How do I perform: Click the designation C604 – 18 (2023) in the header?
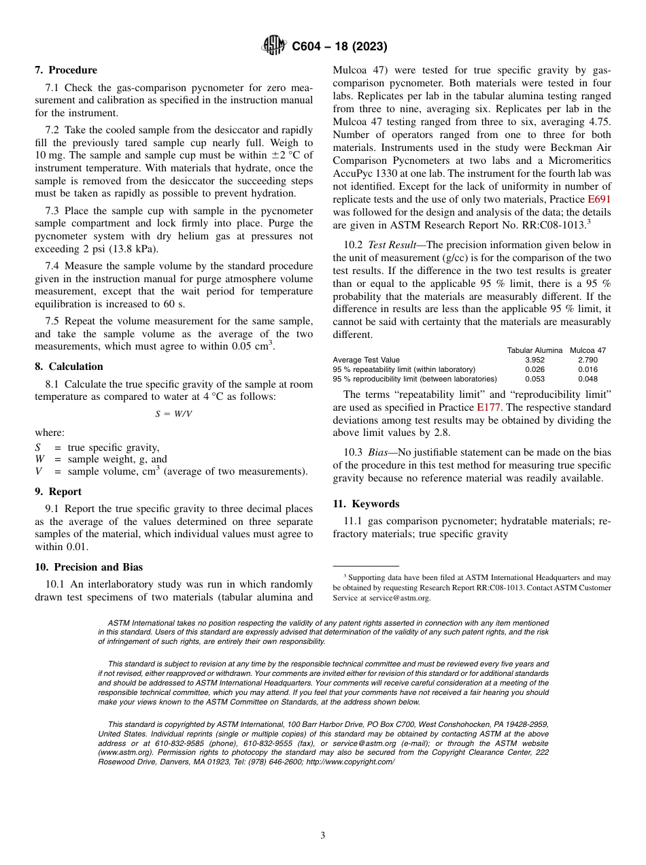(339, 47)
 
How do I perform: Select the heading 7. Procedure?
(66, 70)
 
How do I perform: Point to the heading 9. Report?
(58, 492)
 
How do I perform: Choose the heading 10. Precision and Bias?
(88, 567)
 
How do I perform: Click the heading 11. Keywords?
(366, 504)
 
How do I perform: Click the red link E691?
(599, 200)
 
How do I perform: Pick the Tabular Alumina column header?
(534, 350)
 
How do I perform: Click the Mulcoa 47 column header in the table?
(588, 350)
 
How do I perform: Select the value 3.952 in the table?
(534, 360)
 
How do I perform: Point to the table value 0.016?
(588, 369)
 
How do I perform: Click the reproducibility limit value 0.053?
(534, 379)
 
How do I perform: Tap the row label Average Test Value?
(366, 360)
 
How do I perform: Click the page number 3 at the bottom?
(323, 836)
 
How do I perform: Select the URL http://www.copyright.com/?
(349, 762)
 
